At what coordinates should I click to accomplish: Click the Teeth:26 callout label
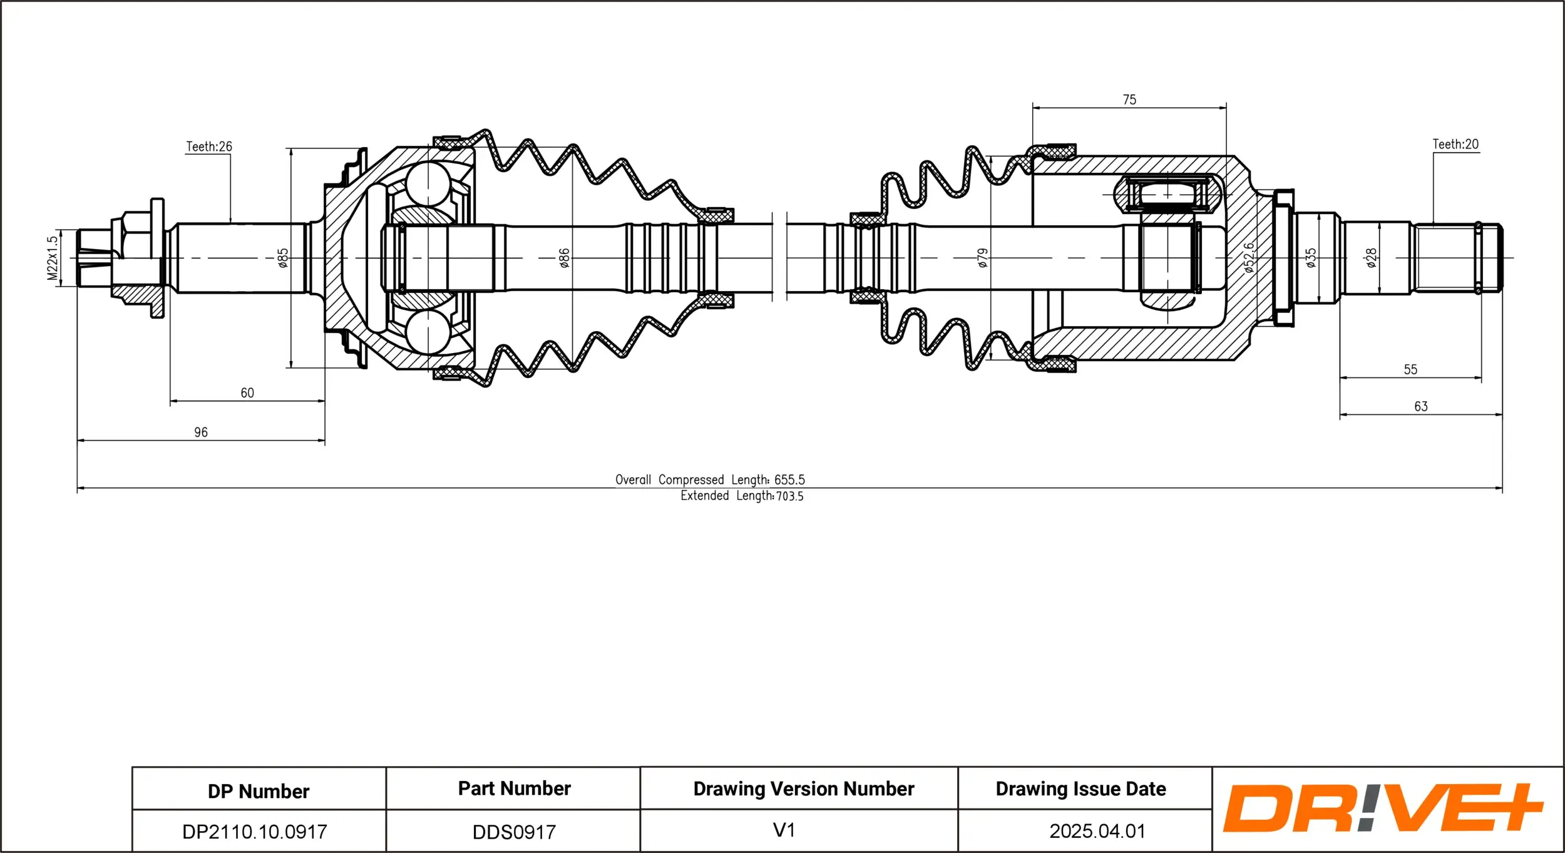[x=208, y=146]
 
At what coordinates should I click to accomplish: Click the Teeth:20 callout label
[x=1455, y=144]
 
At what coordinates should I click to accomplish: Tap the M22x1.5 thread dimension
[x=53, y=258]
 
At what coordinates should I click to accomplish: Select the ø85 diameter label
[x=283, y=258]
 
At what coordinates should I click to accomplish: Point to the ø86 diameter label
[x=564, y=258]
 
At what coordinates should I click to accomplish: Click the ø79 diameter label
[x=983, y=258]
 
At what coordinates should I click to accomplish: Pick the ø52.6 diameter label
[x=1249, y=257]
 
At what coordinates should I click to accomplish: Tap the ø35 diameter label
[x=1311, y=258]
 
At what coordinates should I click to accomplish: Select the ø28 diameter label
[x=1372, y=258]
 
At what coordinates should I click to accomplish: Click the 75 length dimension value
[x=1129, y=100]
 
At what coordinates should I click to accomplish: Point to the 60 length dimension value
[x=247, y=393]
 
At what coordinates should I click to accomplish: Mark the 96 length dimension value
[x=201, y=432]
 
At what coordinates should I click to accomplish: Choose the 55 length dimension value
[x=1410, y=370]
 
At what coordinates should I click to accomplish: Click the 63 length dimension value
[x=1421, y=407]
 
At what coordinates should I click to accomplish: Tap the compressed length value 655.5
[x=789, y=480]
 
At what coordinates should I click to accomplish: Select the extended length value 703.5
[x=789, y=496]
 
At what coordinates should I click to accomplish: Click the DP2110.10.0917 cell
[x=254, y=832]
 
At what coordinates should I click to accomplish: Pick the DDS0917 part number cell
[x=514, y=832]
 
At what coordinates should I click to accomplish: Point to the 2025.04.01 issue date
[x=1097, y=831]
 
